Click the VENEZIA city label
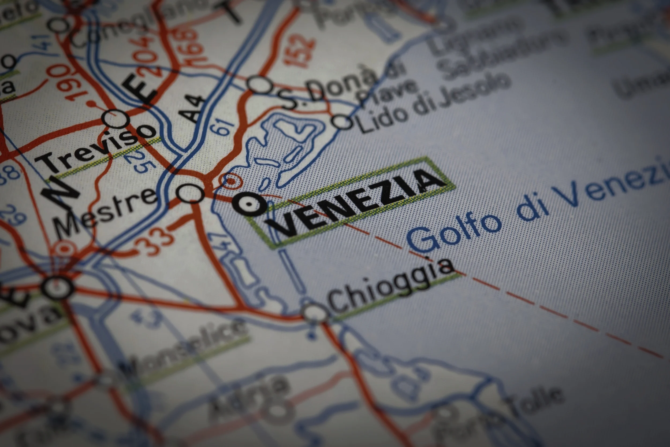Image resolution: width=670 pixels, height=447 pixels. pyautogui.click(x=356, y=203)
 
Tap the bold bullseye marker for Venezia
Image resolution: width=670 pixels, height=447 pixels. pyautogui.click(x=249, y=204)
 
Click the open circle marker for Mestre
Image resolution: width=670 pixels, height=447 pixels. pyautogui.click(x=190, y=193)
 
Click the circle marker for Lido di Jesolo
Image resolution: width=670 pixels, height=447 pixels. pyautogui.click(x=341, y=122)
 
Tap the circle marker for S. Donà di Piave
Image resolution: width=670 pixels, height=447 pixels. pyautogui.click(x=260, y=85)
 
